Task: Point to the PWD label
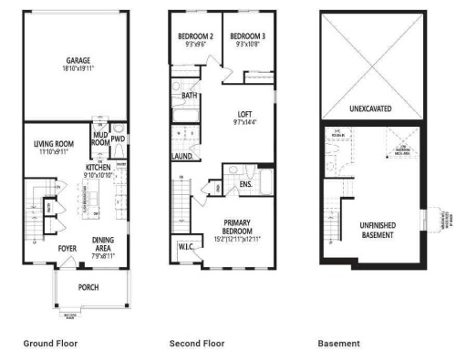point(119,140)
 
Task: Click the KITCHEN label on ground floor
point(98,168)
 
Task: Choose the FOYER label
point(67,246)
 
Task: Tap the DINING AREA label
point(103,242)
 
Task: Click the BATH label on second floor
point(190,95)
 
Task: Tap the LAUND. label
point(181,156)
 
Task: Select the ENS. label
point(245,184)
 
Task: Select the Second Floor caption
point(196,344)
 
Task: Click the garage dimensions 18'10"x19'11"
point(78,67)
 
